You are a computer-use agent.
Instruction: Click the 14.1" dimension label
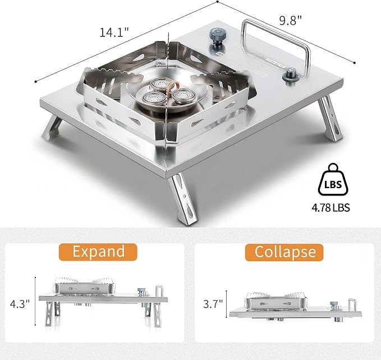(x=114, y=32)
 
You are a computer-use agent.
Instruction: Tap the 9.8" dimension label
(x=290, y=20)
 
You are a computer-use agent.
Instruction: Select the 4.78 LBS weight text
(x=330, y=208)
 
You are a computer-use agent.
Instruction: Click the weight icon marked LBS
(x=333, y=180)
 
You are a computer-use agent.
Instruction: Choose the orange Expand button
(x=98, y=252)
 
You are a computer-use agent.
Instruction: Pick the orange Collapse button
(x=284, y=252)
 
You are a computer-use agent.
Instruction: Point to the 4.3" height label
(x=20, y=304)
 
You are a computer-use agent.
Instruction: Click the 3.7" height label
(x=213, y=304)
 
